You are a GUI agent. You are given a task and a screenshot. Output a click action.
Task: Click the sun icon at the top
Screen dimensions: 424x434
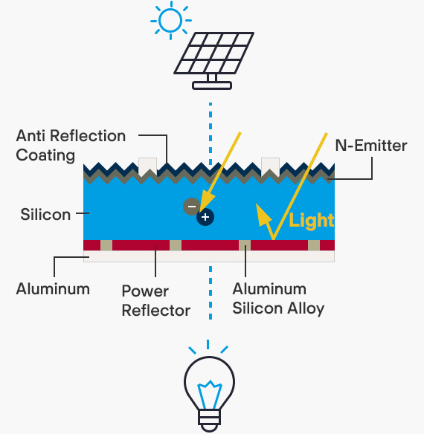point(170,21)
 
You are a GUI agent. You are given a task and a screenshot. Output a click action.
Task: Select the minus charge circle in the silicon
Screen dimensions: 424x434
point(191,207)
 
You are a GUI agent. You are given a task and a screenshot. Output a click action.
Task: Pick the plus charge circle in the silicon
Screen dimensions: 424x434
point(205,217)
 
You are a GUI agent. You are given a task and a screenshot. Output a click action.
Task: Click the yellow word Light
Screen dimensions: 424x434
point(312,221)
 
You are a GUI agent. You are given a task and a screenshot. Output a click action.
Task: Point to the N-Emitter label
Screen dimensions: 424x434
point(371,146)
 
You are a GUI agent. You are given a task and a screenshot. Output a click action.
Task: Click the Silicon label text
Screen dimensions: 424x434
point(45,215)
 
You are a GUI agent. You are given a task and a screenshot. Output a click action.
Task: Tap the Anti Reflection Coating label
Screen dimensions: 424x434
point(71,146)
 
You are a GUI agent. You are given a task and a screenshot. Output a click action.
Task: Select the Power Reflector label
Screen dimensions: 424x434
point(156,300)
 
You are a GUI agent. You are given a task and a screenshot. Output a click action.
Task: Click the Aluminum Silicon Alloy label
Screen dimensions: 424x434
point(278,299)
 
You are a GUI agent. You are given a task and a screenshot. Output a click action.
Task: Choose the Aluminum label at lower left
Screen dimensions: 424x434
point(53,289)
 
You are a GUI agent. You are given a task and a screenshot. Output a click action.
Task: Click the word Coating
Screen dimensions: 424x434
point(45,155)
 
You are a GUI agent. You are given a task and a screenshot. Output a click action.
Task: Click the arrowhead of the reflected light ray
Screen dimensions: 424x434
point(263,216)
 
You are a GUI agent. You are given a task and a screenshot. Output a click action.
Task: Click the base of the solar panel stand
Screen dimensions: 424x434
point(212,85)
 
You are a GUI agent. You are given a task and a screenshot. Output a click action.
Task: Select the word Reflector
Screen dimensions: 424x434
point(156,311)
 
